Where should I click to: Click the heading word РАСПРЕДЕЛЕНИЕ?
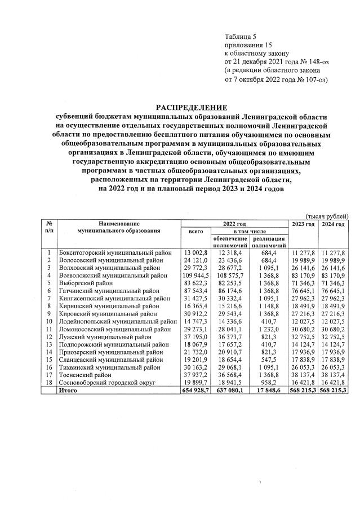coord(192,107)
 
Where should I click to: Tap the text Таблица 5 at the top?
coord(241,36)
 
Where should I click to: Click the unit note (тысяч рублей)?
coord(327,216)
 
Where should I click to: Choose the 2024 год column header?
coord(333,224)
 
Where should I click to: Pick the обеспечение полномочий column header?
coord(231,242)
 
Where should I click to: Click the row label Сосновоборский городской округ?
coord(112,382)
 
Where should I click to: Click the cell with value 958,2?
coord(271,382)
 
